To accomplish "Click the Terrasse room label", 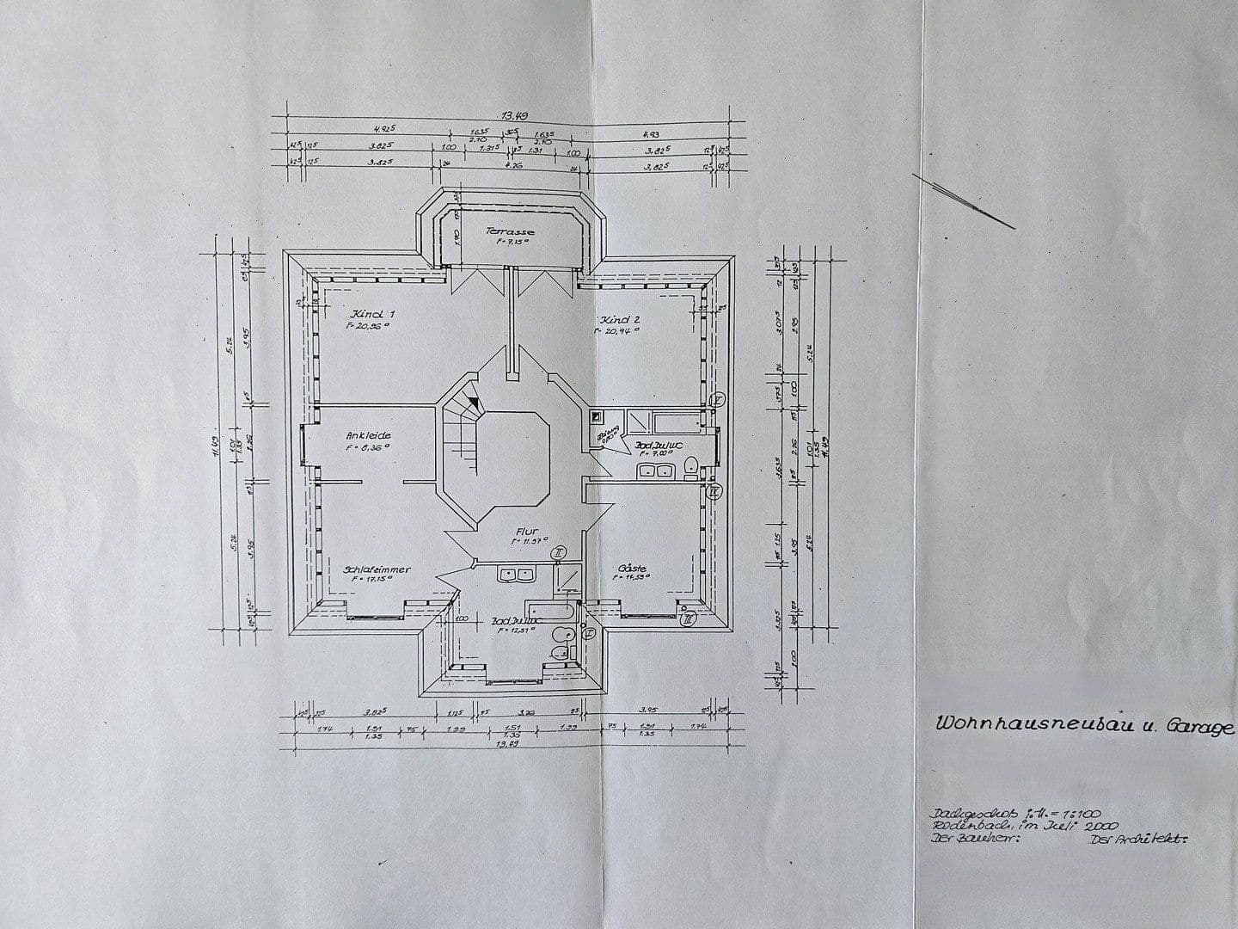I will (510, 231).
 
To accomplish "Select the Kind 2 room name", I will (622, 318).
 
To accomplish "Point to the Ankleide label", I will (368, 435).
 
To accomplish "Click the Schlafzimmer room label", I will (377, 569).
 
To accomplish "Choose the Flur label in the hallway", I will (526, 532).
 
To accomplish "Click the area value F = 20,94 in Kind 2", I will (623, 330).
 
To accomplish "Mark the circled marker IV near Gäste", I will (713, 492).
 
